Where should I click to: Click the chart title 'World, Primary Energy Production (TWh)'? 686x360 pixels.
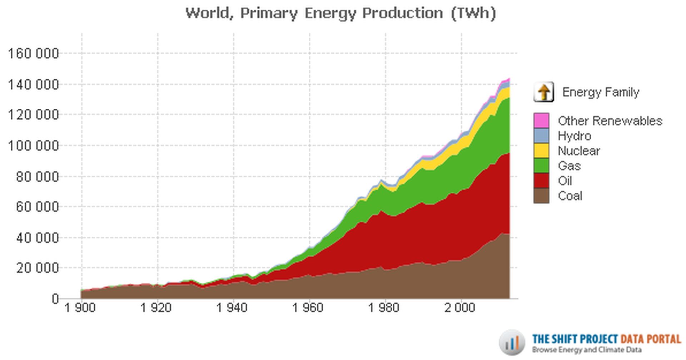(x=340, y=14)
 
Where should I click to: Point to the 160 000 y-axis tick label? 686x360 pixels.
(x=33, y=54)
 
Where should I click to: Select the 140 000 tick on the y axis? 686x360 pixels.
(x=33, y=85)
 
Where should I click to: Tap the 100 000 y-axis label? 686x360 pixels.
(x=33, y=146)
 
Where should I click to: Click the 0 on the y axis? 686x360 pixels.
(x=55, y=299)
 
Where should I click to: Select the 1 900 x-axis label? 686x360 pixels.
(x=80, y=308)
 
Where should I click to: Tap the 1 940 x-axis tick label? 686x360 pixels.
(x=232, y=308)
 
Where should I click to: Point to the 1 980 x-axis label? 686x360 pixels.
(x=384, y=308)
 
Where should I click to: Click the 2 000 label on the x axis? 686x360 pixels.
(x=460, y=308)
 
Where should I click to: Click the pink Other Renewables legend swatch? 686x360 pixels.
(x=541, y=120)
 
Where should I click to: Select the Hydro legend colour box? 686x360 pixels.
(x=541, y=136)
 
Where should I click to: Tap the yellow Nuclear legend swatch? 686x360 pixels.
(x=541, y=151)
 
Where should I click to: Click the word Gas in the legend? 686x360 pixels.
(x=569, y=166)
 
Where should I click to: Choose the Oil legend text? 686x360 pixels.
(x=565, y=181)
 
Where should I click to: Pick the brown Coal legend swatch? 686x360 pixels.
(x=541, y=196)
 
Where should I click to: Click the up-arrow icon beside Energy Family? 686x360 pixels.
(x=543, y=92)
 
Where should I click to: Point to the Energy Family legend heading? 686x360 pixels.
(x=601, y=92)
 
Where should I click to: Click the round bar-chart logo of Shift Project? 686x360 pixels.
(x=512, y=342)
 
